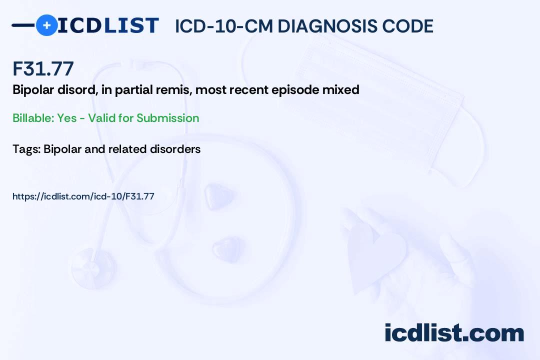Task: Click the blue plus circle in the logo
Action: [46, 25]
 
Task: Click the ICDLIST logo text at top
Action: [108, 25]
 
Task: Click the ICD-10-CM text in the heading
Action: [223, 26]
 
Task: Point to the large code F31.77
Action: [43, 68]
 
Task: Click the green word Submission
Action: [168, 118]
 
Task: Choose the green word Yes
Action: [67, 118]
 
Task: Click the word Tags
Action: [26, 149]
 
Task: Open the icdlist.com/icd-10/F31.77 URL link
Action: [83, 196]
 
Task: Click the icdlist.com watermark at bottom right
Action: [454, 333]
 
